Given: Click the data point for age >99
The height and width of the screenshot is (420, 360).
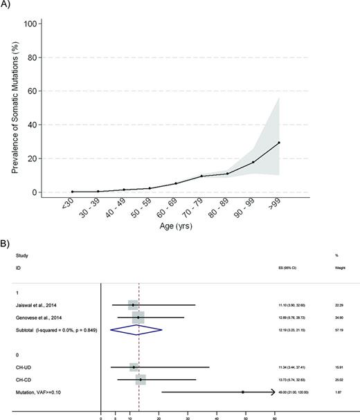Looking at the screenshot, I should tap(280, 143).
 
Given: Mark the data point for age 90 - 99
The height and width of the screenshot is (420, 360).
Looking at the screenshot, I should tap(253, 162).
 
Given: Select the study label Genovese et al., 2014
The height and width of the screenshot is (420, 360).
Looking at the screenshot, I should tap(35, 317).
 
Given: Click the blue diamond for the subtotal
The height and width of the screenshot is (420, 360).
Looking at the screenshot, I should tap(138, 329).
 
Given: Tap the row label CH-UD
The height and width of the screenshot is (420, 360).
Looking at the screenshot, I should tap(23, 367).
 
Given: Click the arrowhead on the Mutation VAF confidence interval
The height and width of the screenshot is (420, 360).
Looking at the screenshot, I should tap(273, 392).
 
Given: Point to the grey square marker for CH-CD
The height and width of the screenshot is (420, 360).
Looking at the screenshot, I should tap(141, 379).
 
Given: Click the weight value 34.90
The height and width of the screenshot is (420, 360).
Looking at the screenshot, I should tap(338, 317).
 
